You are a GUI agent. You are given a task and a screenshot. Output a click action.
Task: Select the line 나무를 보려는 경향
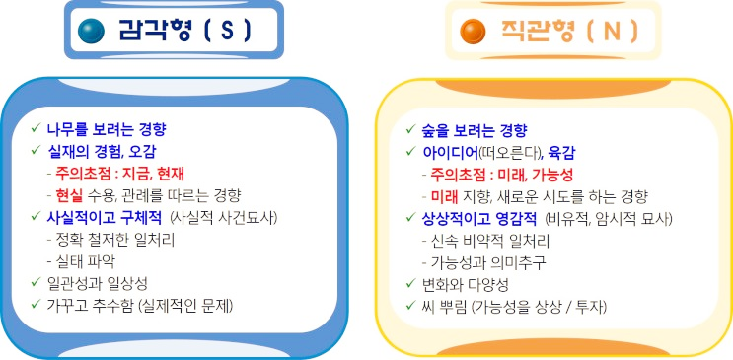point(107,129)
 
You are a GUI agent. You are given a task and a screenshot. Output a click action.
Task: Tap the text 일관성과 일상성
point(99,282)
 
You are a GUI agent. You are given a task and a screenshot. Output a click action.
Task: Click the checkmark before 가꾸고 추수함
point(36,304)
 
